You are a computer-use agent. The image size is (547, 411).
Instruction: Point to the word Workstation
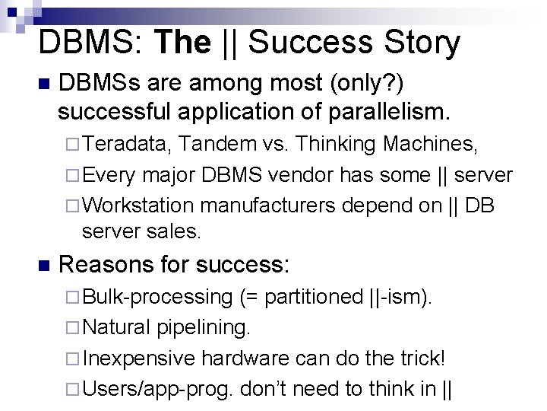pos(140,206)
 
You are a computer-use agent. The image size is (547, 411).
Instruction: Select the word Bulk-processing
pos(157,295)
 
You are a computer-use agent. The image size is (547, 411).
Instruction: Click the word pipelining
pos(204,327)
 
